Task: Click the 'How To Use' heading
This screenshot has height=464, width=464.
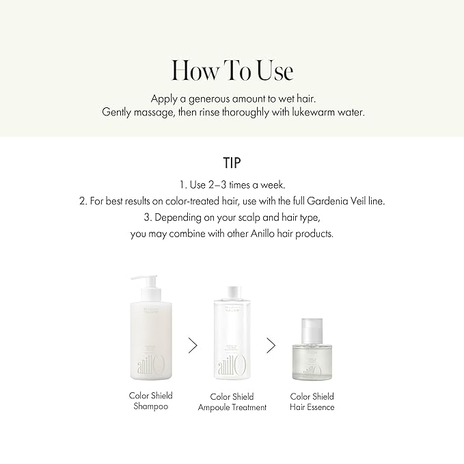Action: point(232,70)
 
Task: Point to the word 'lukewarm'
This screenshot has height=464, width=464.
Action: point(307,112)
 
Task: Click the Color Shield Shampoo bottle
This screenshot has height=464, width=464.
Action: point(150,335)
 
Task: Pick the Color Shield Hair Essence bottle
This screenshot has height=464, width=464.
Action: point(312,352)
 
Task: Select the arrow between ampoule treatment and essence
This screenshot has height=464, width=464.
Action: point(271,346)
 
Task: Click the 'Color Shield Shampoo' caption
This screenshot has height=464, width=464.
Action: point(150,401)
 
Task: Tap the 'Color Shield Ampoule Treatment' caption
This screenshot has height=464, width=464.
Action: point(232,402)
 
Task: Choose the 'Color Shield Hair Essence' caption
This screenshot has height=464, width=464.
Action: point(312,402)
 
